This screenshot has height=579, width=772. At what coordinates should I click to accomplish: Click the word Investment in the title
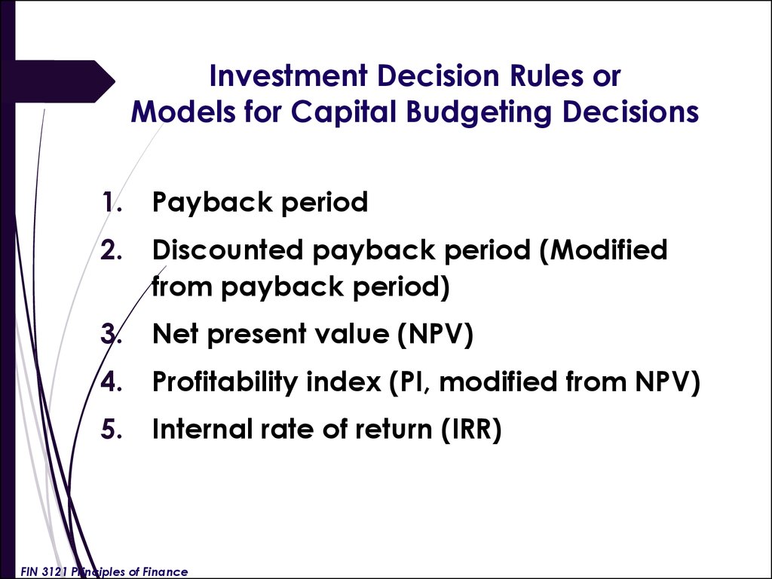point(288,76)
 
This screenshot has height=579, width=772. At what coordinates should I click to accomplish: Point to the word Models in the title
point(183,112)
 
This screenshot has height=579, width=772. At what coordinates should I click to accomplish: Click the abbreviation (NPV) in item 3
point(435,334)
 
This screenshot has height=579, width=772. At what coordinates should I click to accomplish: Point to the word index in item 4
point(344,381)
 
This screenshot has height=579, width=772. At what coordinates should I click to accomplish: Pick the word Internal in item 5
point(202,428)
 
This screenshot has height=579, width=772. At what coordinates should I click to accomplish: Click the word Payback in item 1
point(212,202)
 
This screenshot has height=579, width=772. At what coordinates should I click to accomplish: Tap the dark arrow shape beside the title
point(64,81)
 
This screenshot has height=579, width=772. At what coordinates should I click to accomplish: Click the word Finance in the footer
point(165,571)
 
